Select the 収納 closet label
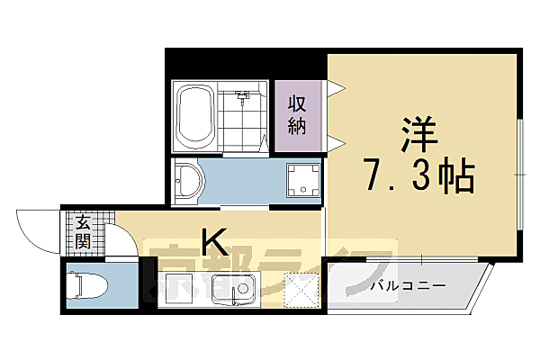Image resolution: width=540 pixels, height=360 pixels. tap(297, 115)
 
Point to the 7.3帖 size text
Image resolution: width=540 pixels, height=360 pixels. tap(419, 176)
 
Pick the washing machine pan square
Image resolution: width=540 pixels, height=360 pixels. tap(304, 180)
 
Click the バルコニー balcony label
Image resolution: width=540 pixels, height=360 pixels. tap(408, 286)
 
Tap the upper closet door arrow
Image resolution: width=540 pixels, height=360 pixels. tap(335, 88)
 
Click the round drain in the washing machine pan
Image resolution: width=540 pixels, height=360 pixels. tap(304, 180)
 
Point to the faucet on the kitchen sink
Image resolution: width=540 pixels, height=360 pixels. tap(241, 290)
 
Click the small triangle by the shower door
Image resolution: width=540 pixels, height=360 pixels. tap(263, 140)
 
